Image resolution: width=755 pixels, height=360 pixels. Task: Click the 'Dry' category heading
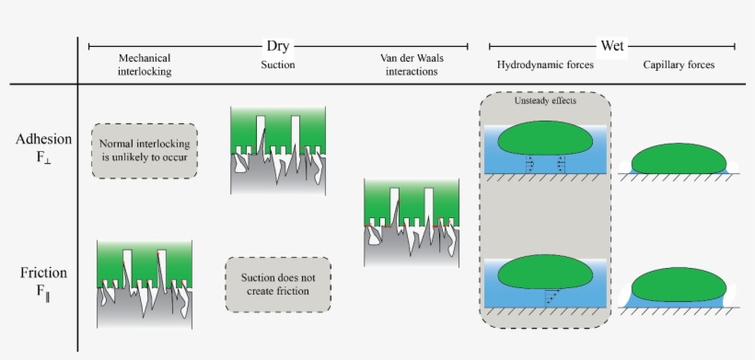click(x=278, y=45)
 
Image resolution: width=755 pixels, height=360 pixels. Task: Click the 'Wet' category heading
click(x=611, y=45)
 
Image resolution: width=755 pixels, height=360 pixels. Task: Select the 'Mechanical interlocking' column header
click(x=145, y=64)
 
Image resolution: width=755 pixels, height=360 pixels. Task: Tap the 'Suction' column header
click(x=277, y=64)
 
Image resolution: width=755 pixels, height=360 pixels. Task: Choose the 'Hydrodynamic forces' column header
click(x=545, y=64)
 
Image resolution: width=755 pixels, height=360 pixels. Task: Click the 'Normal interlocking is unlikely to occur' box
click(x=145, y=150)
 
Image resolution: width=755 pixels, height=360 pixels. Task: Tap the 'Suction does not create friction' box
click(x=278, y=285)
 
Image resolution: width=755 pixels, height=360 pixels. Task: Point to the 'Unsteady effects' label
click(x=545, y=101)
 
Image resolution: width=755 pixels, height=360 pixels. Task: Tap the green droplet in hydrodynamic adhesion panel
click(x=545, y=141)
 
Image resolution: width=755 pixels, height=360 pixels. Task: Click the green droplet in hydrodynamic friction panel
click(x=545, y=273)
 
